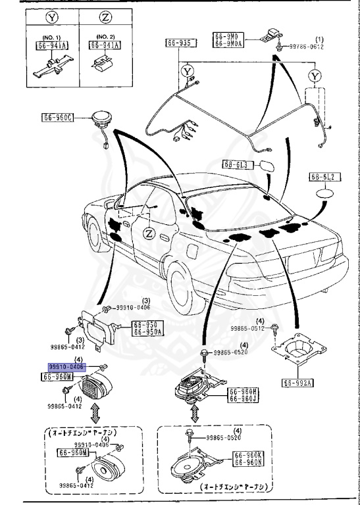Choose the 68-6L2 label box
click(x=323, y=178)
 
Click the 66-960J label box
click(x=244, y=398)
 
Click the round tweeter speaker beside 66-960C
click(x=101, y=120)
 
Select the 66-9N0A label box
click(x=228, y=43)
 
